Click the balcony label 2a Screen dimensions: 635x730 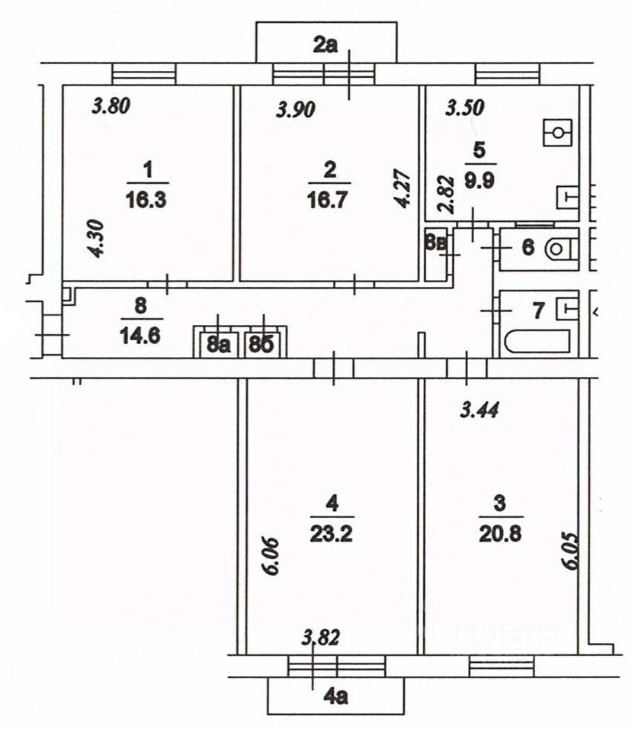coord(326,45)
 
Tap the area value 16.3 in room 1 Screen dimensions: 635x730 coord(146,200)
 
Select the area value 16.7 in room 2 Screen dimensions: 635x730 coord(328,200)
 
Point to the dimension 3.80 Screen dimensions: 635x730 coord(111,106)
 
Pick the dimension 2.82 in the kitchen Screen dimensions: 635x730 coord(446,195)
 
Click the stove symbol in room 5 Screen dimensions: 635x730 coord(557,132)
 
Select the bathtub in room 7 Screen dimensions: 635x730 coord(537,341)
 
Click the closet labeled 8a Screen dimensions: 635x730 coord(219,345)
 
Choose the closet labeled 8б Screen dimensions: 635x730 coord(262,345)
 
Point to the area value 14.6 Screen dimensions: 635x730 coord(140,335)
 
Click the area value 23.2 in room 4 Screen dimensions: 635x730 coord(332,534)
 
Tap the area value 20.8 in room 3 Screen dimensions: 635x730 coord(501,534)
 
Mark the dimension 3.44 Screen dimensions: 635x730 coord(479,410)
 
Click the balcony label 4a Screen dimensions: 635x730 coord(336,696)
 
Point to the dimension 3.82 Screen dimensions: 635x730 coord(320,637)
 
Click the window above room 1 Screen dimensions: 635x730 coord(144,74)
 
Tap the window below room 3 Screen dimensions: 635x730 coord(502,666)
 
